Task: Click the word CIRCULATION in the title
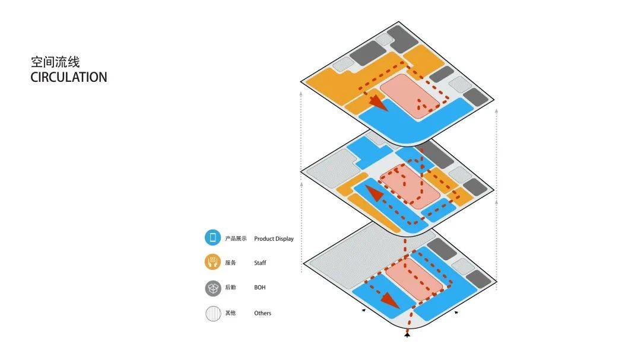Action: click(69, 77)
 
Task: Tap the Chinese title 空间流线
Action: click(55, 62)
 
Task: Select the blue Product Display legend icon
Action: click(212, 238)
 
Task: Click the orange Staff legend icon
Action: click(212, 262)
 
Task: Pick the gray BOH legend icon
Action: click(212, 288)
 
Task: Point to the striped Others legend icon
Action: click(212, 313)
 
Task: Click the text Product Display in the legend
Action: click(274, 239)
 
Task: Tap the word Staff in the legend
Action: click(260, 263)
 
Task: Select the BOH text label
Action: click(259, 288)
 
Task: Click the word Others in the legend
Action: click(262, 313)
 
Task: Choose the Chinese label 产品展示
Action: click(236, 239)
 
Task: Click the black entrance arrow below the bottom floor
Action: click(407, 335)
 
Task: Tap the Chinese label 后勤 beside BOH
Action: click(230, 288)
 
